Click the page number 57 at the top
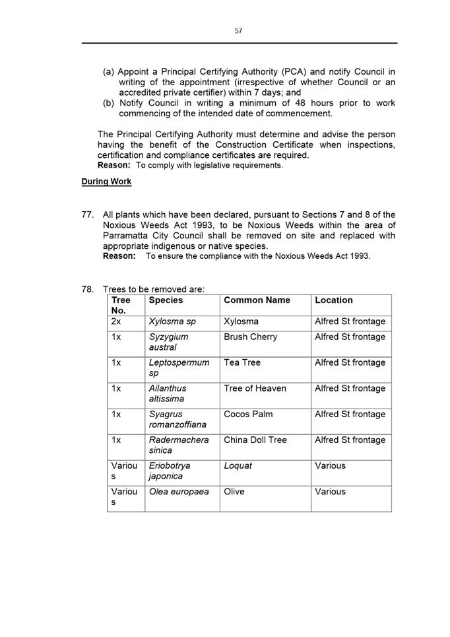coord(238,30)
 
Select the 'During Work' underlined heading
coord(106,182)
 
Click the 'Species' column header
coord(166,300)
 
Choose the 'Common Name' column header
coord(257,300)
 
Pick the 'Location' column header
coord(334,300)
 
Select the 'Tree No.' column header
coord(121,305)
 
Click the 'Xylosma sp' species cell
coord(173,321)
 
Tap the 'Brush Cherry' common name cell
coord(250,337)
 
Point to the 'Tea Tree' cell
coord(242,362)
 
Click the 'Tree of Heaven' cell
coord(255,388)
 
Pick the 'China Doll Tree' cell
coord(255,440)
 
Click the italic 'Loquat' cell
coord(238,465)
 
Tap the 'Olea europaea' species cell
coord(178,491)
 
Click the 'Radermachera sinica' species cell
coord(178,445)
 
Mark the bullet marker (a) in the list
coord(108,72)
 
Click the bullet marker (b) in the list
coord(108,103)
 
